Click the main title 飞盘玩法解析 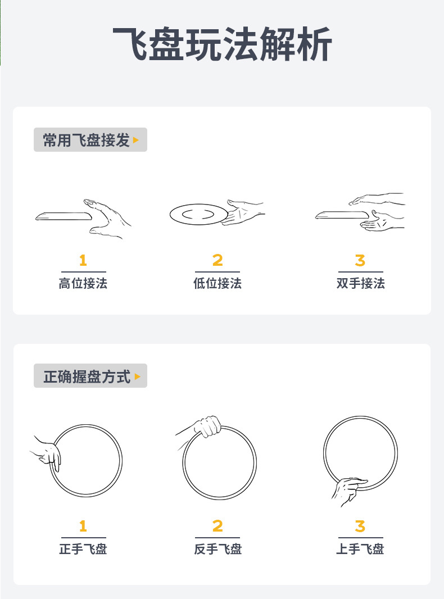coord(222,44)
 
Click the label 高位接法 coord(83,283)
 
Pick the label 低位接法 coord(218,283)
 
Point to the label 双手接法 coord(360,283)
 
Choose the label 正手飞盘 coord(83,548)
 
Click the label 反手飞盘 coord(218,548)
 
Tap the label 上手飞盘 coord(360,548)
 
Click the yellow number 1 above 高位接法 coord(83,261)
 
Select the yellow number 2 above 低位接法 coord(218,261)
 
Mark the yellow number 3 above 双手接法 coord(360,261)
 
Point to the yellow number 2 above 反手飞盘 coord(218,527)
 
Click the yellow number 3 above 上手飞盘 coord(360,527)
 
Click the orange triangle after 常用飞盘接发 coord(136,140)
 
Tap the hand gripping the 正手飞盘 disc coord(47,453)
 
